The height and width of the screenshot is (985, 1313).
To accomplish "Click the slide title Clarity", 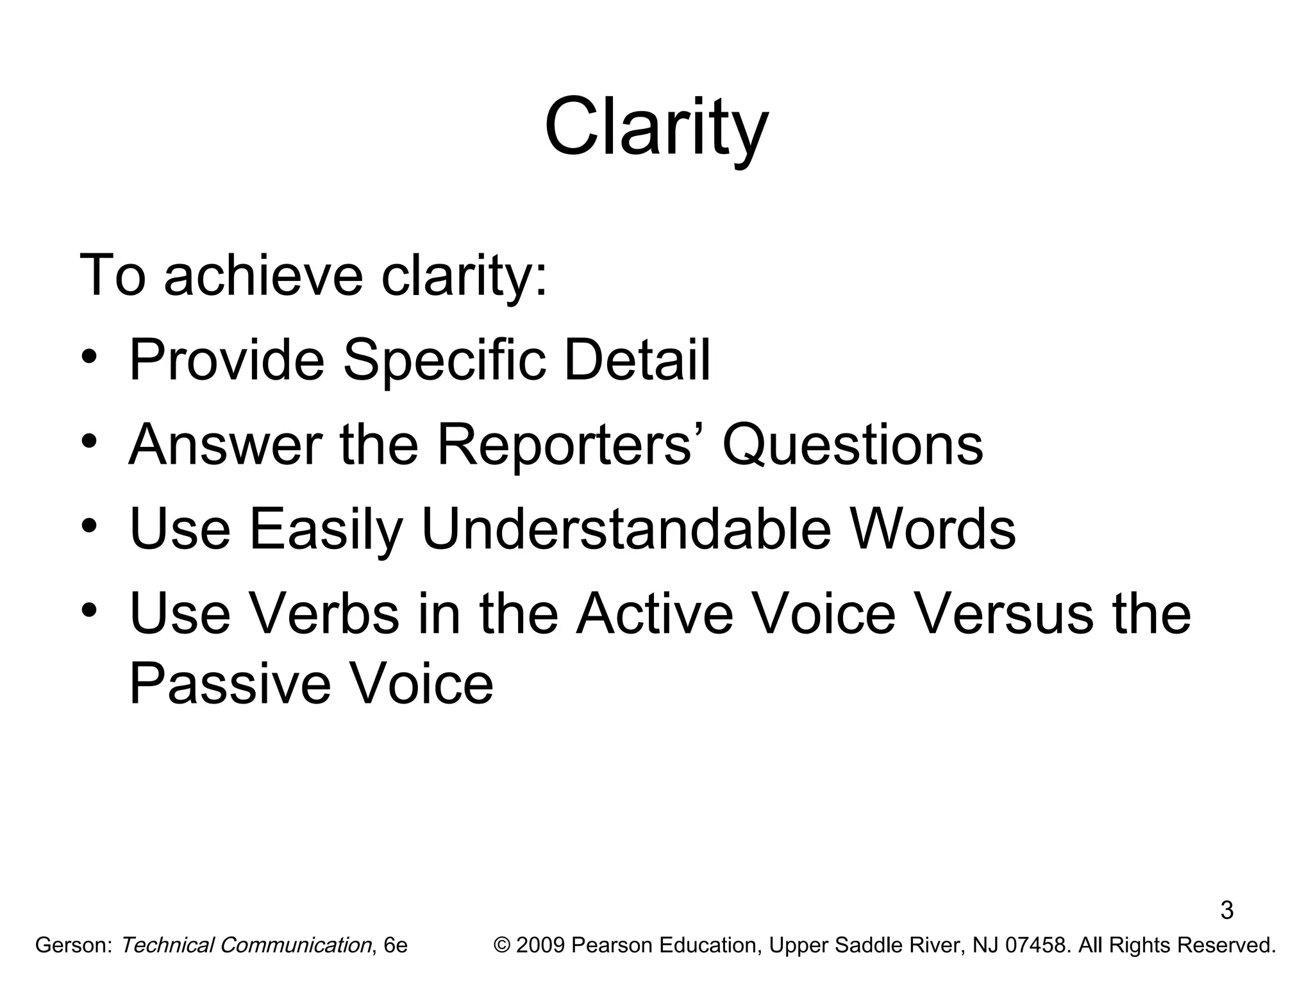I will [656, 127].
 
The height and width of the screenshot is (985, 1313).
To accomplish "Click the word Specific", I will [444, 360].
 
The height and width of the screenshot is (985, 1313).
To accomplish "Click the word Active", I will [654, 614].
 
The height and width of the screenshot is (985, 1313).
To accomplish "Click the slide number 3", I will [1226, 911].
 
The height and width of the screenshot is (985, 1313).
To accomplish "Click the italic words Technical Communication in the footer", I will [246, 946].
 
